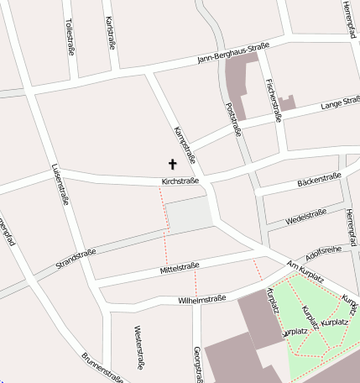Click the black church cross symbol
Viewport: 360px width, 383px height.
(174, 165)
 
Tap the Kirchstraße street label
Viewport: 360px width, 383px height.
(180, 181)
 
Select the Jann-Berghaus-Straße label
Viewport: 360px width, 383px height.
(233, 52)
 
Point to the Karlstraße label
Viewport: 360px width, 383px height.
(110, 31)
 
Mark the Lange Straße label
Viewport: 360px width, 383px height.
(338, 104)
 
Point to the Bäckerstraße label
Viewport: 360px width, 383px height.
(319, 180)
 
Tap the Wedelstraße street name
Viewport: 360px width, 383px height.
(305, 215)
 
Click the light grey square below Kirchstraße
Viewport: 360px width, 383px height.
(189, 216)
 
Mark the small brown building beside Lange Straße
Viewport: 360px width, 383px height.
(288, 104)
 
